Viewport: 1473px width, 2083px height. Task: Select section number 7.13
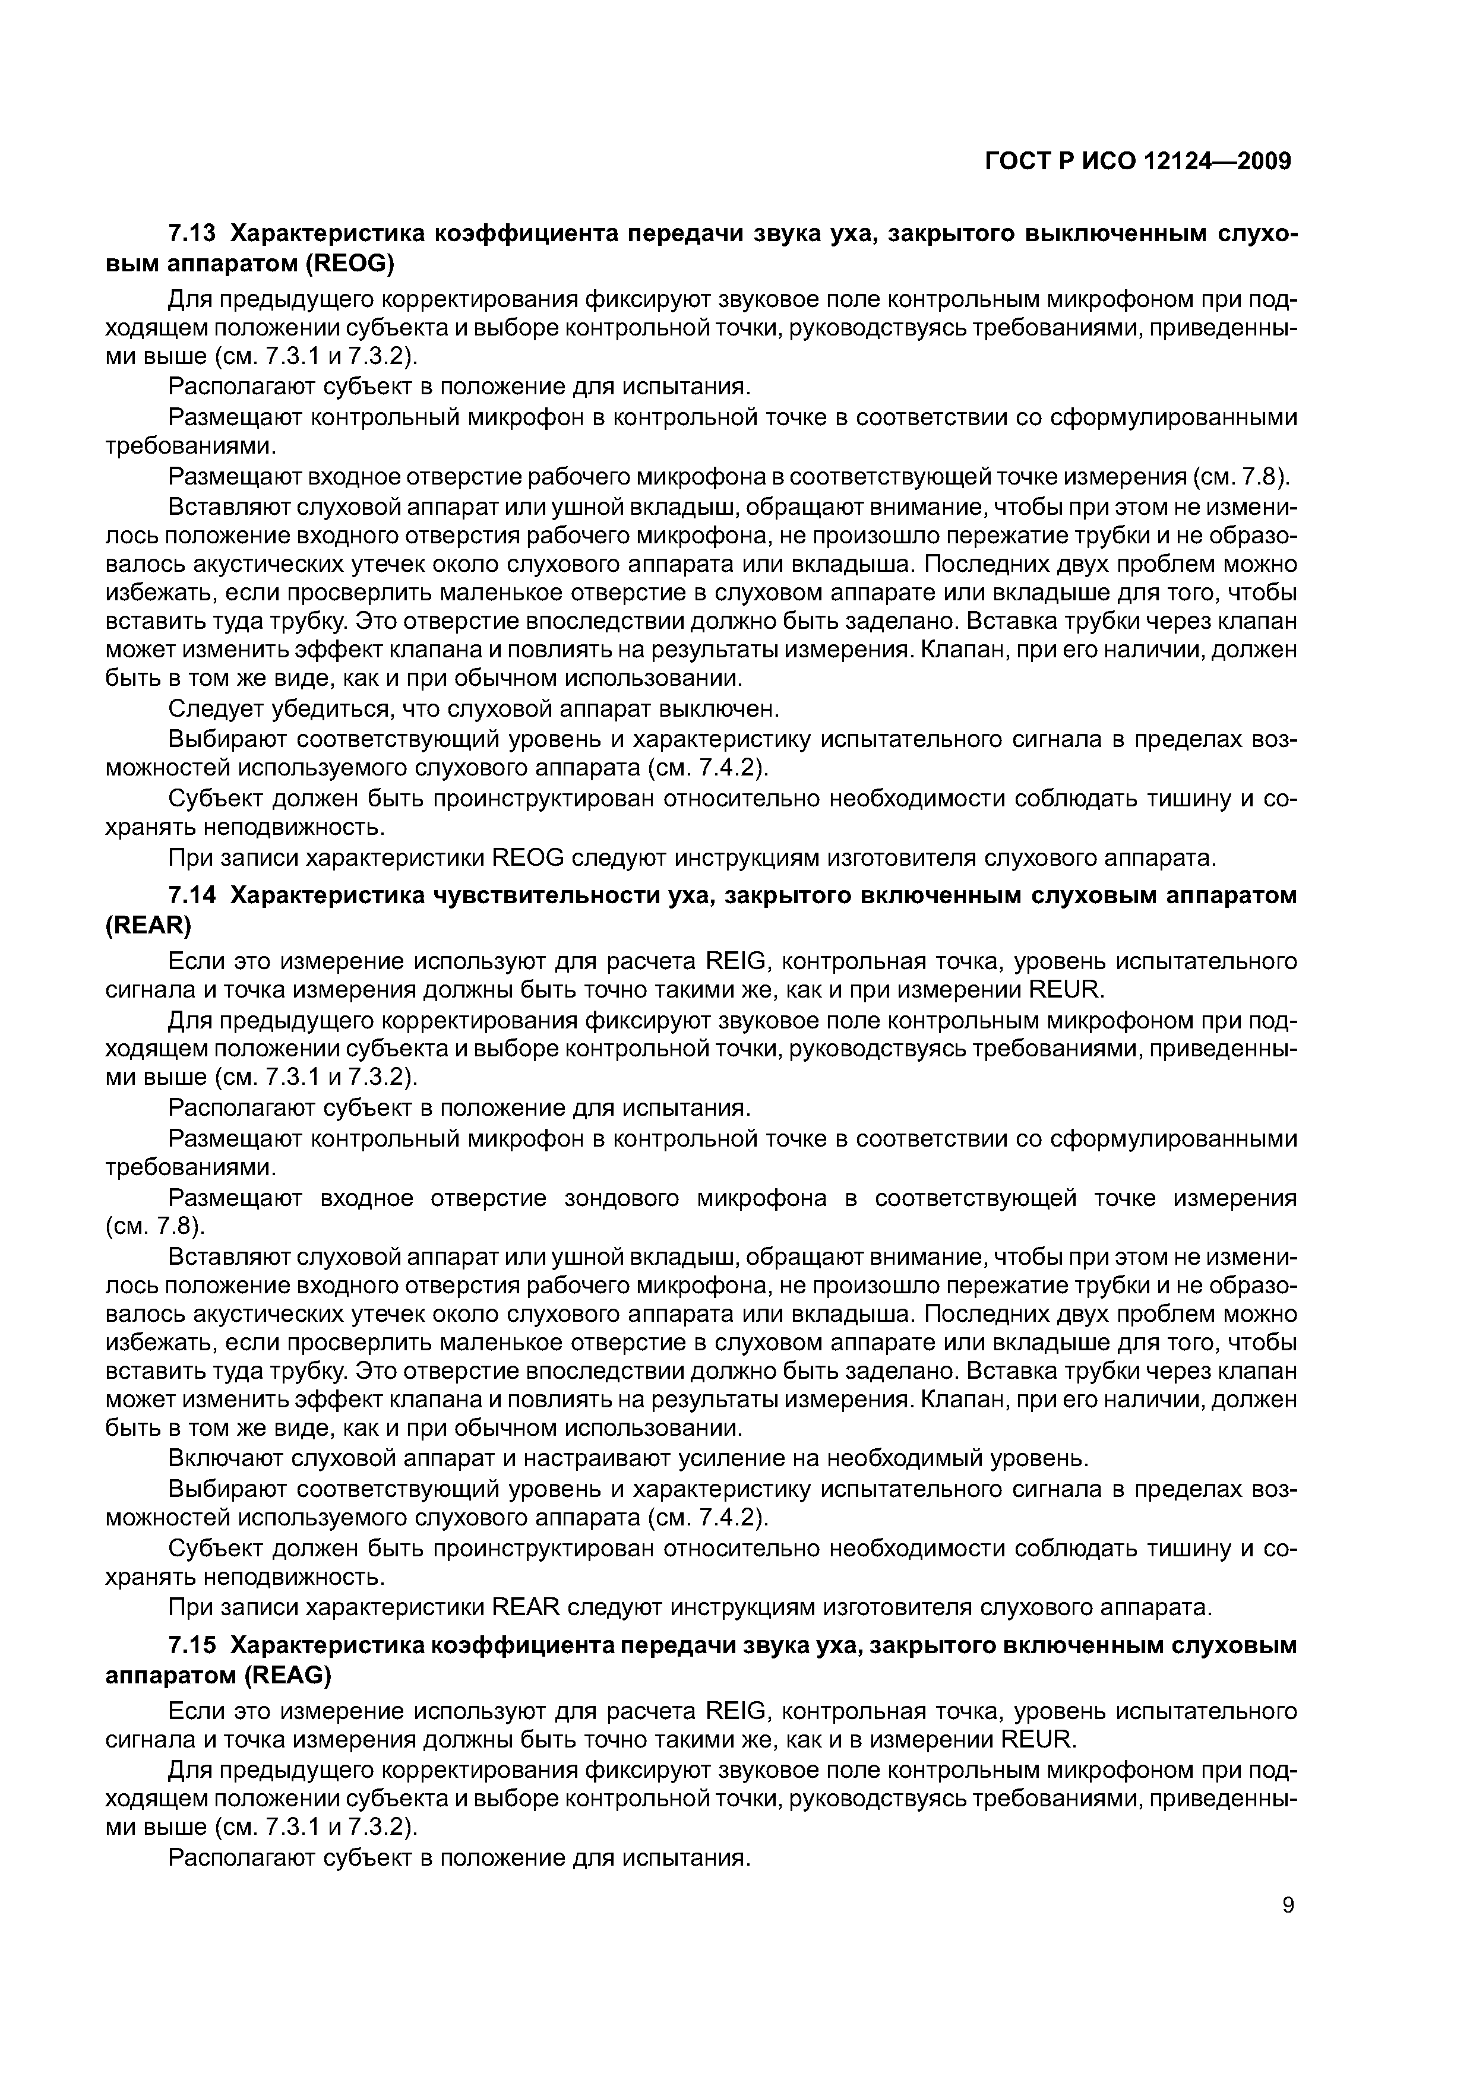click(192, 234)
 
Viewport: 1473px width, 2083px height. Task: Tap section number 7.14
click(192, 895)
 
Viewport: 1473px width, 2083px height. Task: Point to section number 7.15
click(192, 1646)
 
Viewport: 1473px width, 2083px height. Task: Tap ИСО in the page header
click(1107, 162)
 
